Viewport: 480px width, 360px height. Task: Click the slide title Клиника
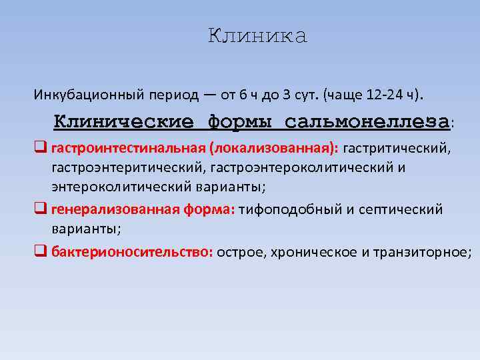tap(257, 37)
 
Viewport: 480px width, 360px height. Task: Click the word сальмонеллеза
tap(367, 123)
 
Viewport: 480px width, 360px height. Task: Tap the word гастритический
tap(397, 147)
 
